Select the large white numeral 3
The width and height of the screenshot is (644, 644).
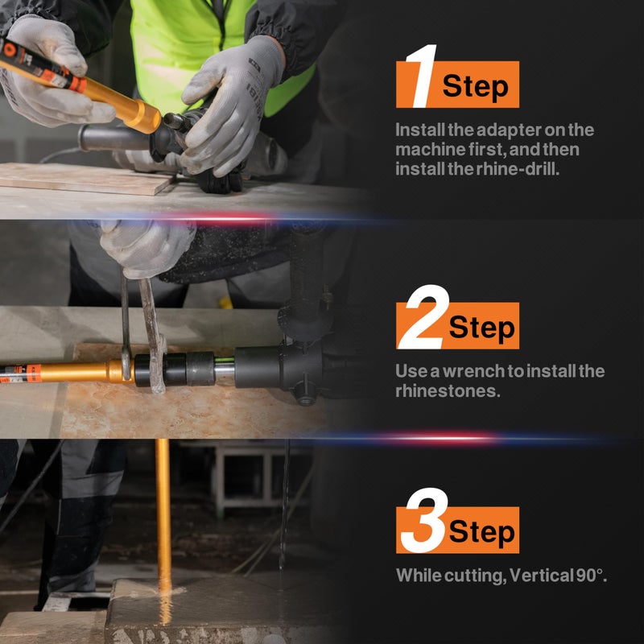[425, 520]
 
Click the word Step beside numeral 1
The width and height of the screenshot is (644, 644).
[475, 87]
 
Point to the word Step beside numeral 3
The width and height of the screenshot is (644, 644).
[481, 532]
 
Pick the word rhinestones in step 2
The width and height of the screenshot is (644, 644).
[448, 390]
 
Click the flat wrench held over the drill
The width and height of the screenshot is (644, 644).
[152, 335]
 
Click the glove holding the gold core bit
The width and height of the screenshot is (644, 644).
[52, 76]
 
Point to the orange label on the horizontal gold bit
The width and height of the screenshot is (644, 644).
[34, 374]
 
